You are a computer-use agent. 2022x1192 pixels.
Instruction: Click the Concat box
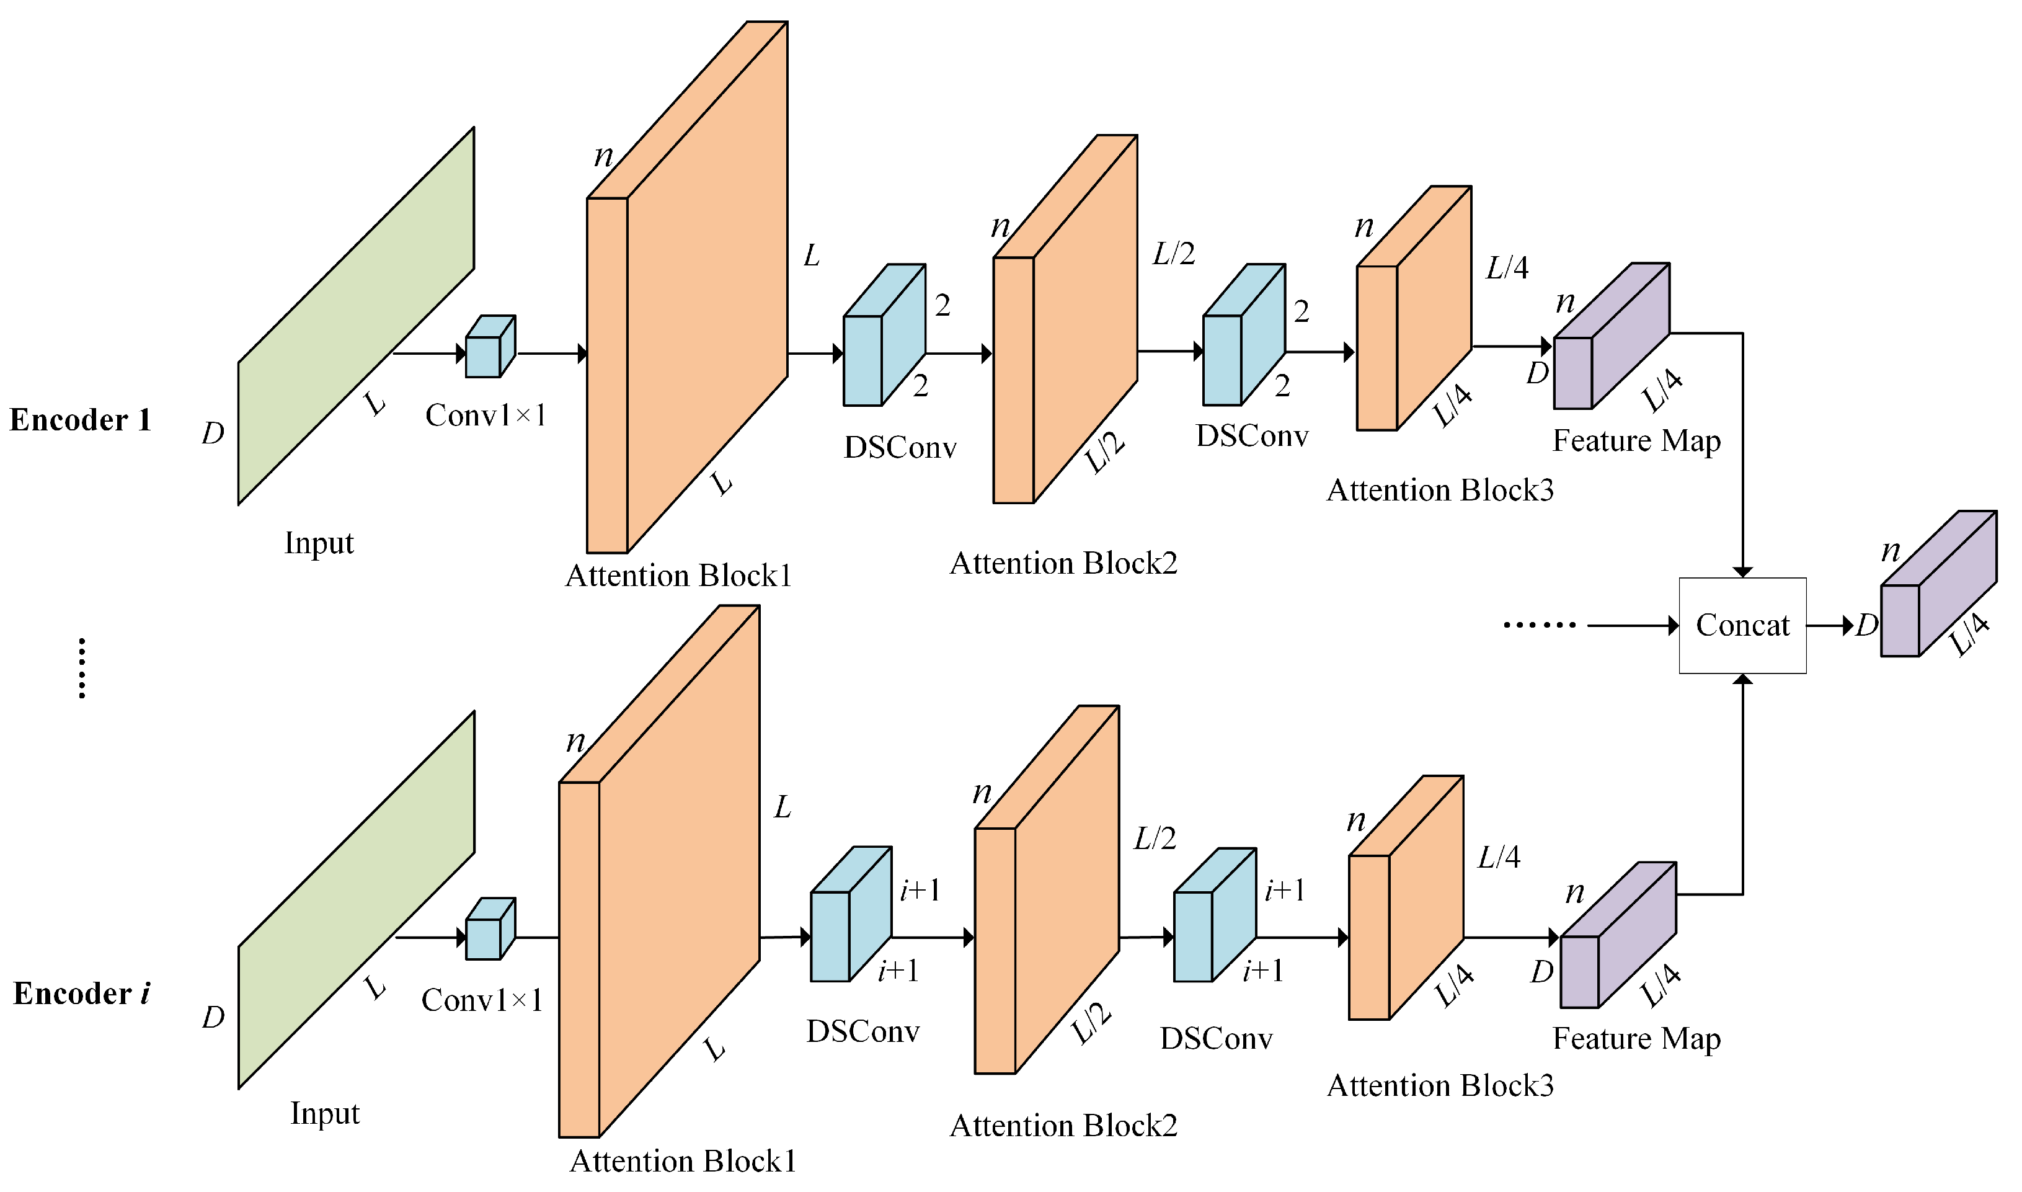pos(1742,625)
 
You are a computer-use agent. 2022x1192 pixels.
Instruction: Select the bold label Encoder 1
pos(81,420)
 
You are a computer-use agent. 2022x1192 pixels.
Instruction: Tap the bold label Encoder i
pos(81,994)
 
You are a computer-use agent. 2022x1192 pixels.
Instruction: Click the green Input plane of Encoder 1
pos(356,316)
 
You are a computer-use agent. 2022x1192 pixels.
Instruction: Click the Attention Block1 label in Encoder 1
pos(678,576)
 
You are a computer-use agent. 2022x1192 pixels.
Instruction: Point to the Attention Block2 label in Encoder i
pos(1063,1126)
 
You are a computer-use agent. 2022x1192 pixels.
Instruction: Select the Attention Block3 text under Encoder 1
pos(1440,490)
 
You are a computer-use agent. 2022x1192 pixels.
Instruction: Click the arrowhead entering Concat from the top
pos(1742,571)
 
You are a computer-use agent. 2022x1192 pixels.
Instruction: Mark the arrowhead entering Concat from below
pos(1742,680)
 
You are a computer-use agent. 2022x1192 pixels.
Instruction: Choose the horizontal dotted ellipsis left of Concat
pos(1540,625)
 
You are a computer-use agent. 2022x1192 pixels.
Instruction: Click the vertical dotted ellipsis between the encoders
pos(82,669)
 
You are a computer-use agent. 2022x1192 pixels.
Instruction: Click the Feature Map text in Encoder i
pos(1636,1039)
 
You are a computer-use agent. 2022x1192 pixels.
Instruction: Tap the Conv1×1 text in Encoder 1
pos(486,416)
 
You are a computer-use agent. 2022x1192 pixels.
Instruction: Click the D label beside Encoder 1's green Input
pos(213,433)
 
